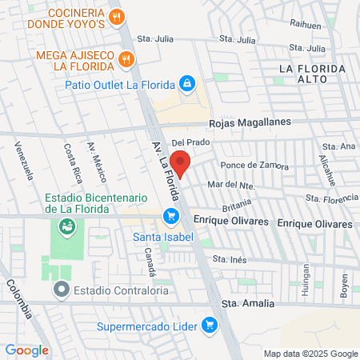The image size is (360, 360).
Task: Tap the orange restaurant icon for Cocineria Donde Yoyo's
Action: tap(117, 16)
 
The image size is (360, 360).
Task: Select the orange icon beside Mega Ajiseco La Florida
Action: tap(126, 58)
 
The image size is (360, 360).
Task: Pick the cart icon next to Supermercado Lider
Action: tap(209, 325)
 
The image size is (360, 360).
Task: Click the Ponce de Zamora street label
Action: tap(254, 166)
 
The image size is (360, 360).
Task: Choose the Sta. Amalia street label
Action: tap(247, 304)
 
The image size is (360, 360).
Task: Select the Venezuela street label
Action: tap(25, 161)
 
